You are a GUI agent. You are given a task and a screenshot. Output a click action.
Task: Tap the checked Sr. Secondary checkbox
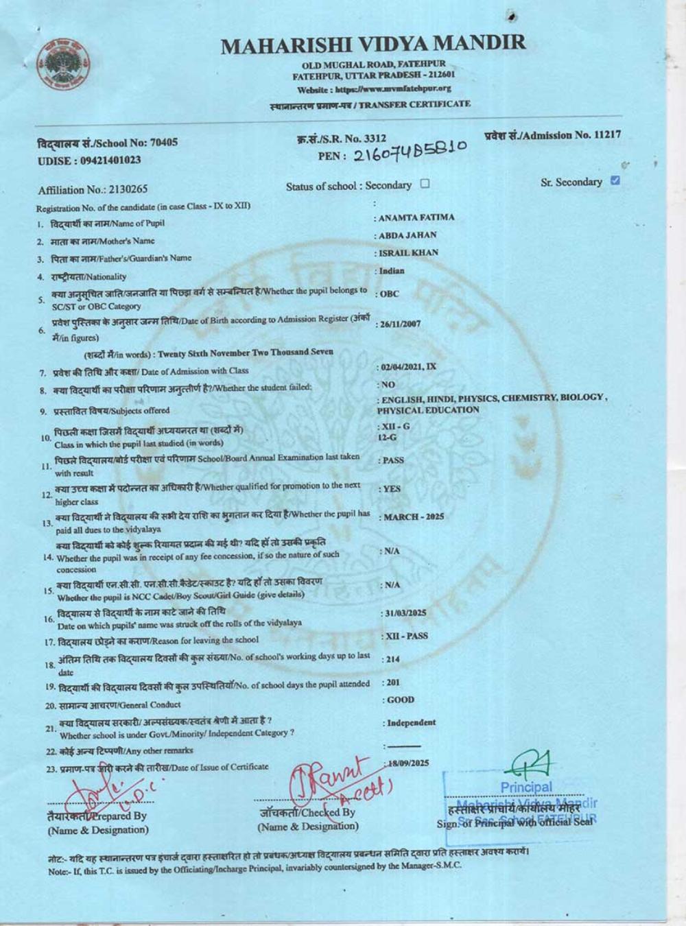tap(615, 181)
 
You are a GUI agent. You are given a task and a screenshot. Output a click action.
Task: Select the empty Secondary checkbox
tap(425, 184)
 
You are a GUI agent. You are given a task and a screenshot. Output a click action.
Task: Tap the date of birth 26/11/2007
tap(401, 324)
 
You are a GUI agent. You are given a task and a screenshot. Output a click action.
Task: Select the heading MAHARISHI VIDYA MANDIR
tap(374, 45)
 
